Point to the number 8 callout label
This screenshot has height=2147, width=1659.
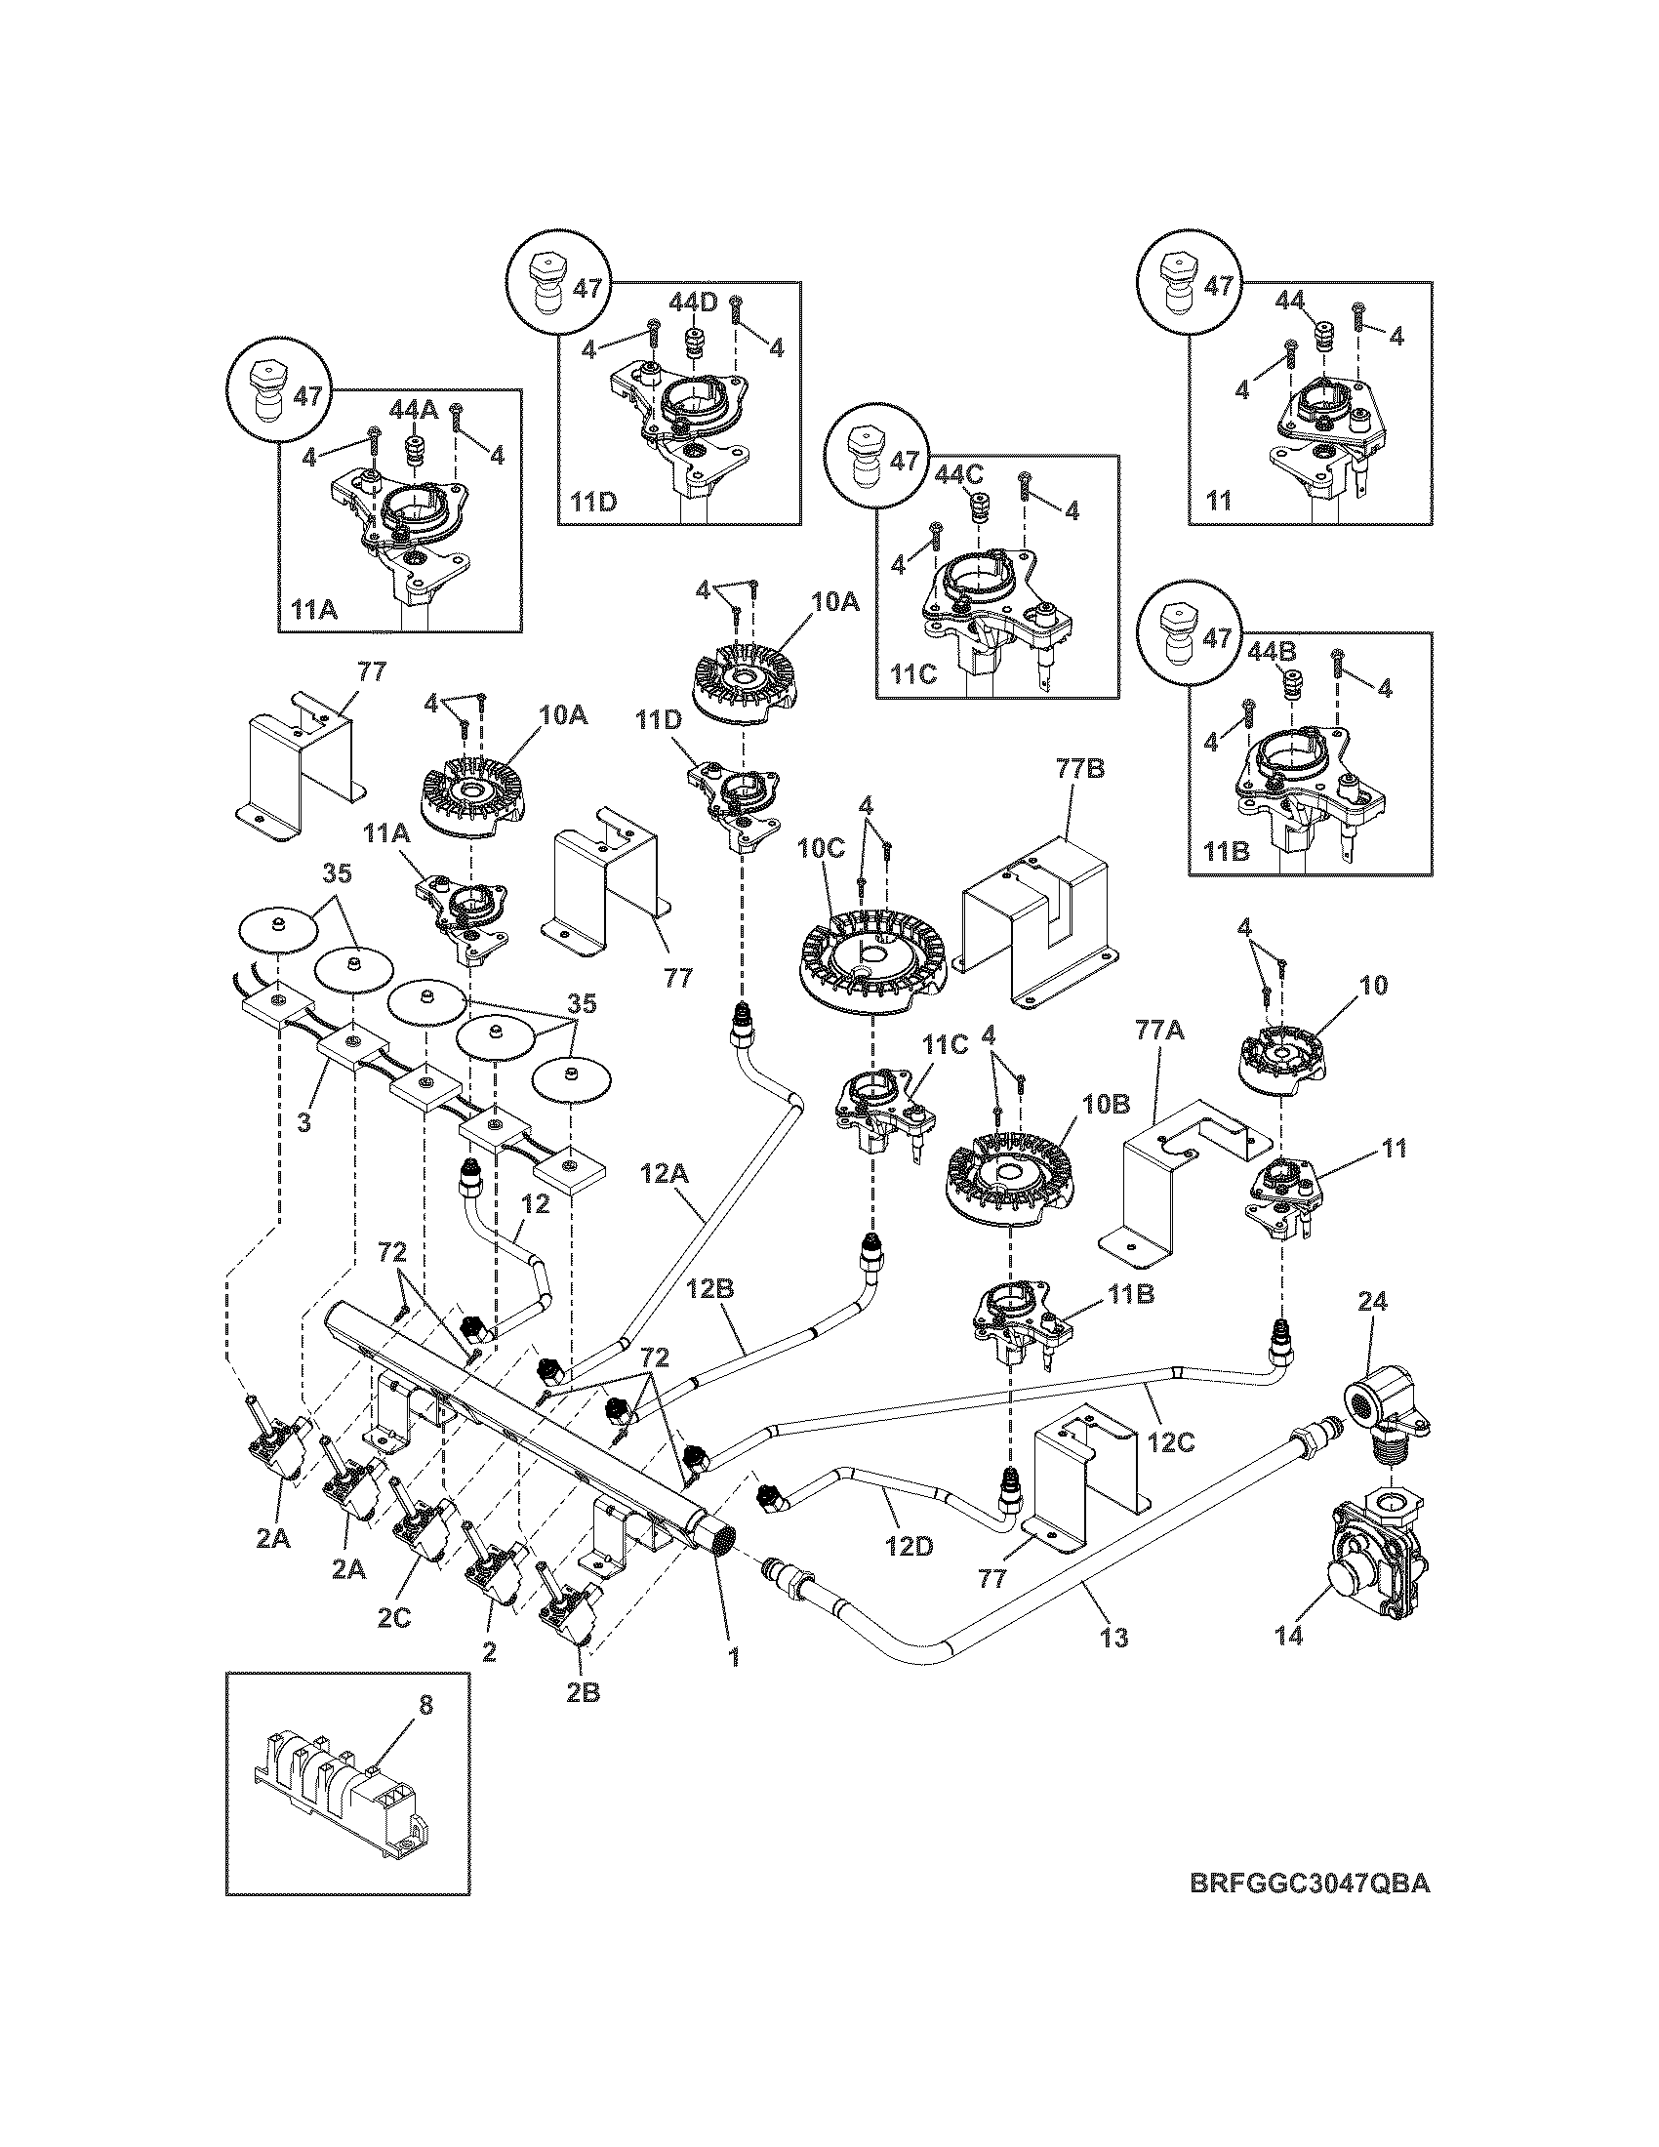click(425, 1707)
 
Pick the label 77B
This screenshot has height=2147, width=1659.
click(1081, 769)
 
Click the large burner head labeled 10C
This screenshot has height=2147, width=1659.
click(870, 963)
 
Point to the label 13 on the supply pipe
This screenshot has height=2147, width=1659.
click(1114, 1637)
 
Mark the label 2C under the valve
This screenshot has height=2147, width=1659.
click(393, 1617)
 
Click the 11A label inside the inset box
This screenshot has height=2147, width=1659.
click(313, 609)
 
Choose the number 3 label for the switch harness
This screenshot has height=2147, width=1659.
click(303, 1121)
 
